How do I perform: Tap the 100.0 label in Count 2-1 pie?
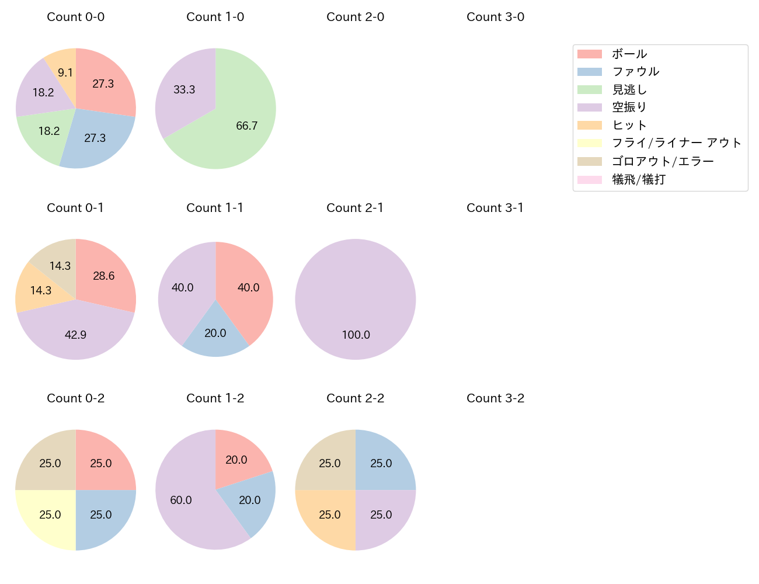tap(356, 335)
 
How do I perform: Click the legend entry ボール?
tap(629, 54)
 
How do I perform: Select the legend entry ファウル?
tap(635, 72)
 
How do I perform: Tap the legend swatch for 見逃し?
tap(590, 90)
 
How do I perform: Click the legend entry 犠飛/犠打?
tap(639, 180)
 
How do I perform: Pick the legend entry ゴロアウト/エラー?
tap(663, 162)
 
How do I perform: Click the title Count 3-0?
tap(495, 17)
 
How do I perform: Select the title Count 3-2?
tap(495, 398)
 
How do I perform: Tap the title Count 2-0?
tap(355, 17)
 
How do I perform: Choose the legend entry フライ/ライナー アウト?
tap(676, 144)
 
